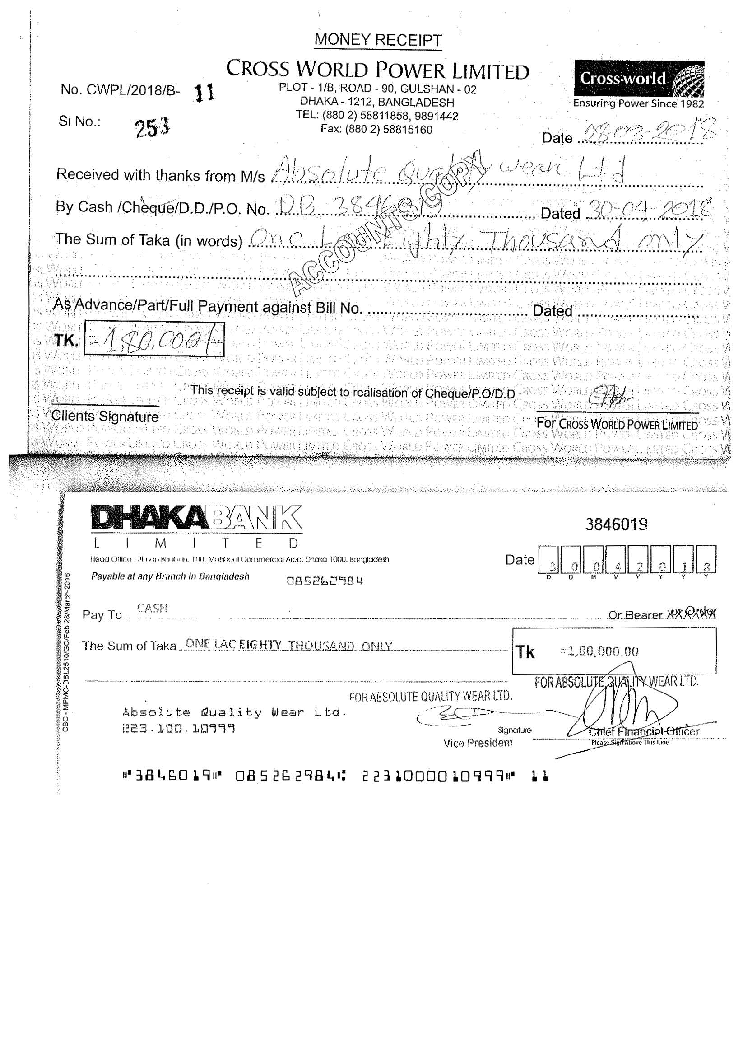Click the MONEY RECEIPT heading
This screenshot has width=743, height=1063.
(377, 40)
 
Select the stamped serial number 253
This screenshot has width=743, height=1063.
(153, 127)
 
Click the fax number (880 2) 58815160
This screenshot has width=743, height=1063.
(376, 129)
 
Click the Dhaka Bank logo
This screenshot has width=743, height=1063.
(197, 518)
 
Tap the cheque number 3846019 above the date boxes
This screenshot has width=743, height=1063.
(616, 524)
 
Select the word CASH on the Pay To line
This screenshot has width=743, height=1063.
(152, 609)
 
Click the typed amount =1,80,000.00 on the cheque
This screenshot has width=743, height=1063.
(599, 651)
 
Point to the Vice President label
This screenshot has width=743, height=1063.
(478, 743)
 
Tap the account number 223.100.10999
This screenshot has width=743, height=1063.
(179, 729)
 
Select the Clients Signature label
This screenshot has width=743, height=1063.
(105, 416)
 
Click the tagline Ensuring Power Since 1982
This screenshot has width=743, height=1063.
(638, 103)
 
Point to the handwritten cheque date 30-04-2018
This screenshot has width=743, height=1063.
(648, 209)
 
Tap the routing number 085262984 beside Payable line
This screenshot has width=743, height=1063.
(325, 581)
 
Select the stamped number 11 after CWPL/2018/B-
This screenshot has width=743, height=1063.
(204, 93)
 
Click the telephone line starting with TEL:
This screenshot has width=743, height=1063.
(376, 115)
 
